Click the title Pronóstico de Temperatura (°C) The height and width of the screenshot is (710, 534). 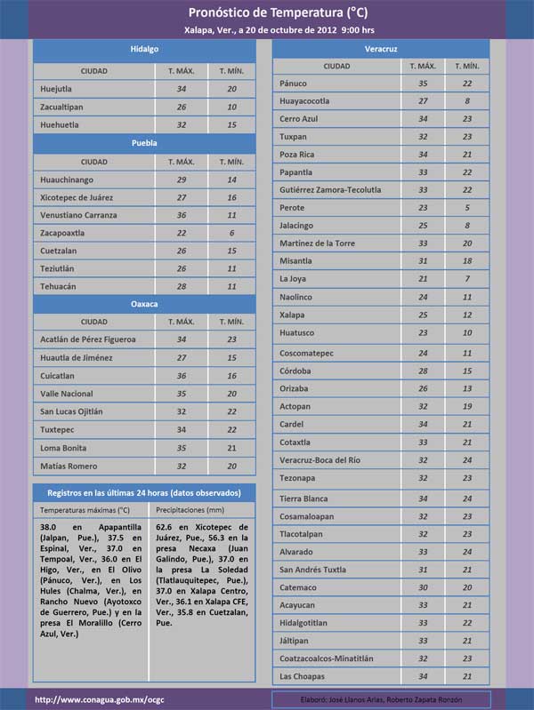pyautogui.click(x=278, y=12)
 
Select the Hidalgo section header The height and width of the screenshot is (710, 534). pyautogui.click(x=144, y=49)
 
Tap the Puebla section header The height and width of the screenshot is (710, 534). pyautogui.click(x=144, y=142)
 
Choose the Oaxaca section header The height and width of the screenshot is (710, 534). pyautogui.click(x=144, y=304)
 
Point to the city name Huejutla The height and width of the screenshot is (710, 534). pyautogui.click(x=60, y=89)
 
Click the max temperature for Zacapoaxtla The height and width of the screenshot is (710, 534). pyautogui.click(x=182, y=233)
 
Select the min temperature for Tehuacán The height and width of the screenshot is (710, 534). pyautogui.click(x=231, y=286)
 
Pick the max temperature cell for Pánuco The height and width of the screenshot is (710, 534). pyautogui.click(x=423, y=84)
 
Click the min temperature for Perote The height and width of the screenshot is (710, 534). pyautogui.click(x=467, y=208)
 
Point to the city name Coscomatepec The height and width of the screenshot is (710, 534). pyautogui.click(x=307, y=353)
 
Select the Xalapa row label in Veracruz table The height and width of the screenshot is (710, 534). pyautogui.click(x=293, y=315)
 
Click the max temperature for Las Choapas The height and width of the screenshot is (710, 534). pyautogui.click(x=423, y=677)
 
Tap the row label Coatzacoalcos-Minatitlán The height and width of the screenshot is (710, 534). pyautogui.click(x=330, y=658)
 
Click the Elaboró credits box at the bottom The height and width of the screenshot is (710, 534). pyautogui.click(x=381, y=699)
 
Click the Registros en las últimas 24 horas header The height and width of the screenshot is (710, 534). pyautogui.click(x=144, y=492)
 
